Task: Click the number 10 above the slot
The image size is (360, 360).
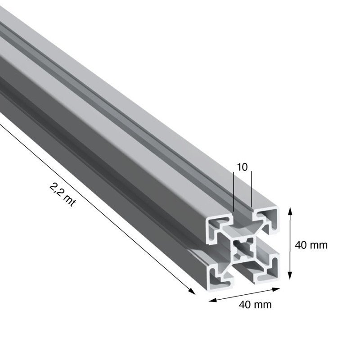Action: click(x=242, y=167)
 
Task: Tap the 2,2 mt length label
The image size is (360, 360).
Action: click(x=63, y=195)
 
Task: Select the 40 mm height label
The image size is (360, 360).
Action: click(x=311, y=245)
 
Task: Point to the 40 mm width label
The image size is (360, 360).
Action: click(x=255, y=305)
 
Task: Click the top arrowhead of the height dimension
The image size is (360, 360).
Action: click(x=290, y=211)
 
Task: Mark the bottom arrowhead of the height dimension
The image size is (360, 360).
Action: click(x=290, y=275)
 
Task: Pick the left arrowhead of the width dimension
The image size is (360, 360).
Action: click(x=212, y=300)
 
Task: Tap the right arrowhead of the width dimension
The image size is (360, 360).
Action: click(x=276, y=289)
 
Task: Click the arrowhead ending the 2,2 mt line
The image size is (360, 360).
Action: click(x=192, y=291)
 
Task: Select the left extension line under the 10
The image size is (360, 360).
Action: click(x=233, y=191)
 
